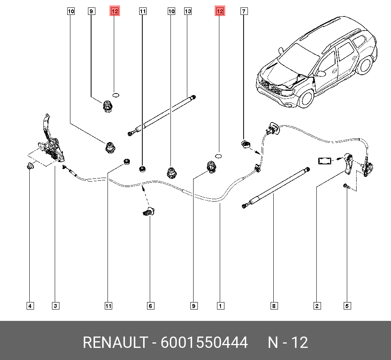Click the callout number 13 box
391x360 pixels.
pyautogui.click(x=188, y=12)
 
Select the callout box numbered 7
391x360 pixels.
pyautogui.click(x=243, y=12)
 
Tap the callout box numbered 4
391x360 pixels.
pyautogui.click(x=30, y=306)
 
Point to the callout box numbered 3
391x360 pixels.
pyautogui.click(x=56, y=306)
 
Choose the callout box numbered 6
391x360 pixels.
pyautogui.click(x=150, y=306)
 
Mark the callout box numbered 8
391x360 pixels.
pyautogui.click(x=274, y=306)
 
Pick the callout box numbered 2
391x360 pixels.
pyautogui.click(x=317, y=306)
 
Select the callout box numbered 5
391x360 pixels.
pyautogui.click(x=347, y=306)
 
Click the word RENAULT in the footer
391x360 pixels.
pyautogui.click(x=115, y=343)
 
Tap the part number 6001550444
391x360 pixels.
pyautogui.click(x=204, y=343)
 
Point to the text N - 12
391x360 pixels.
pyautogui.click(x=288, y=343)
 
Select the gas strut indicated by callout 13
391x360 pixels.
pyautogui.click(x=162, y=115)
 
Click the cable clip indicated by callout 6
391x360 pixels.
pyautogui.click(x=148, y=212)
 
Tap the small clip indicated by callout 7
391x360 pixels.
pyautogui.click(x=245, y=144)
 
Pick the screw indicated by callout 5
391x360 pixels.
pyautogui.click(x=346, y=187)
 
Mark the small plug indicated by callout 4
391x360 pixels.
pyautogui.click(x=30, y=167)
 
